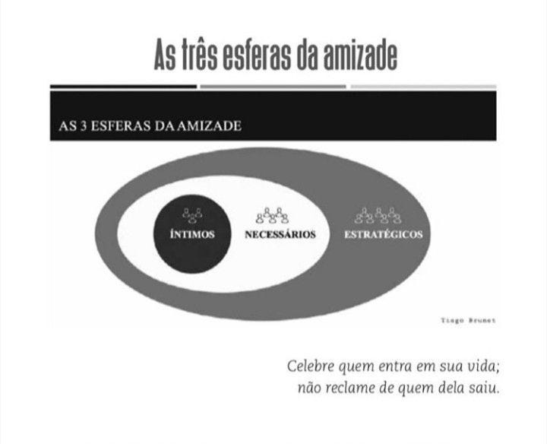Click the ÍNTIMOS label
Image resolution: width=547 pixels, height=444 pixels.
tap(191, 234)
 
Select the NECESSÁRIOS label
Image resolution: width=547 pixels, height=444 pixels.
tap(280, 234)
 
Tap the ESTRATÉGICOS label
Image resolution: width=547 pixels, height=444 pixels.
tap(383, 234)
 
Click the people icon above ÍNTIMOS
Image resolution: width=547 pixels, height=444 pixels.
tap(191, 215)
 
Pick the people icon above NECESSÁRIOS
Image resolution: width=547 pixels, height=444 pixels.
tap(272, 216)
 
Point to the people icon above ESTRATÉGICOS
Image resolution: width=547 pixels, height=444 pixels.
tap(378, 216)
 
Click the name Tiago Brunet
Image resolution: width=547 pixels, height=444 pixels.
tap(468, 321)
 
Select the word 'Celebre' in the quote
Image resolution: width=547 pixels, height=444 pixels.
tap(311, 366)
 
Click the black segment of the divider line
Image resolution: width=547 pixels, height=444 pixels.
tap(122, 87)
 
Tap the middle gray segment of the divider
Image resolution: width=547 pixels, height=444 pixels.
tap(273, 87)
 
